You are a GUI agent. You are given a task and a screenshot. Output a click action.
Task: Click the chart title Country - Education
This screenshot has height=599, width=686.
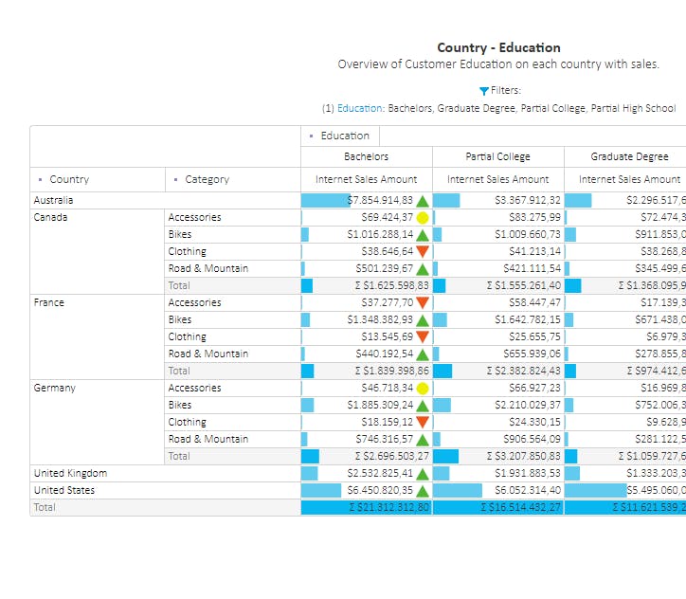pyautogui.click(x=498, y=47)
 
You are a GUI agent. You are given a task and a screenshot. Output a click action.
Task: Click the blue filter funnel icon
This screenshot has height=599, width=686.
pyautogui.click(x=484, y=91)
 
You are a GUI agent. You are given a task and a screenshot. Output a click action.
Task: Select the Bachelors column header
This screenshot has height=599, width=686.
pyautogui.click(x=366, y=156)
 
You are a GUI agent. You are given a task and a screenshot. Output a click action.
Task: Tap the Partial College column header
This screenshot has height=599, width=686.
pyautogui.click(x=497, y=156)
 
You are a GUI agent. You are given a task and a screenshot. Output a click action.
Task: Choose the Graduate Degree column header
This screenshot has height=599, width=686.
pyautogui.click(x=629, y=156)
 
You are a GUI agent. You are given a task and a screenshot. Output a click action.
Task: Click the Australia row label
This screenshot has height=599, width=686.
pyautogui.click(x=53, y=200)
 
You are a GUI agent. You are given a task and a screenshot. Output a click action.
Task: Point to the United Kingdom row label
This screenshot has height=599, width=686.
pyautogui.click(x=70, y=473)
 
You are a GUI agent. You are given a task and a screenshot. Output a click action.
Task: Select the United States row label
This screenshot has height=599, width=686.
pyautogui.click(x=64, y=490)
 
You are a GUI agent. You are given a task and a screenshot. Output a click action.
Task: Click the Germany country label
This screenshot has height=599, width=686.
pyautogui.click(x=55, y=388)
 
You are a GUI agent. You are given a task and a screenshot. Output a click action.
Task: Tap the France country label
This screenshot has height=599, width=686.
pyautogui.click(x=49, y=302)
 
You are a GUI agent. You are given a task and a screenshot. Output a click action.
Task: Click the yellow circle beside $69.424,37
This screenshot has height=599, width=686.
pyautogui.click(x=423, y=217)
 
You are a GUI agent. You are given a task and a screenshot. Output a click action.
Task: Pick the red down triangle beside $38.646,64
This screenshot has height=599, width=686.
pyautogui.click(x=423, y=251)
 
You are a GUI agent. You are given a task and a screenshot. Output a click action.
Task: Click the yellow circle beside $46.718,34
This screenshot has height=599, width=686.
pyautogui.click(x=423, y=388)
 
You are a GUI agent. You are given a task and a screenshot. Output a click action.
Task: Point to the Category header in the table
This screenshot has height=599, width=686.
pyautogui.click(x=207, y=179)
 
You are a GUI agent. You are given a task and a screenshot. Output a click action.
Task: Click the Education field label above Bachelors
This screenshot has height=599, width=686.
pyautogui.click(x=345, y=136)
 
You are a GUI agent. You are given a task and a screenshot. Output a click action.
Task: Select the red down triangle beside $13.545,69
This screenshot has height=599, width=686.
pyautogui.click(x=423, y=336)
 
